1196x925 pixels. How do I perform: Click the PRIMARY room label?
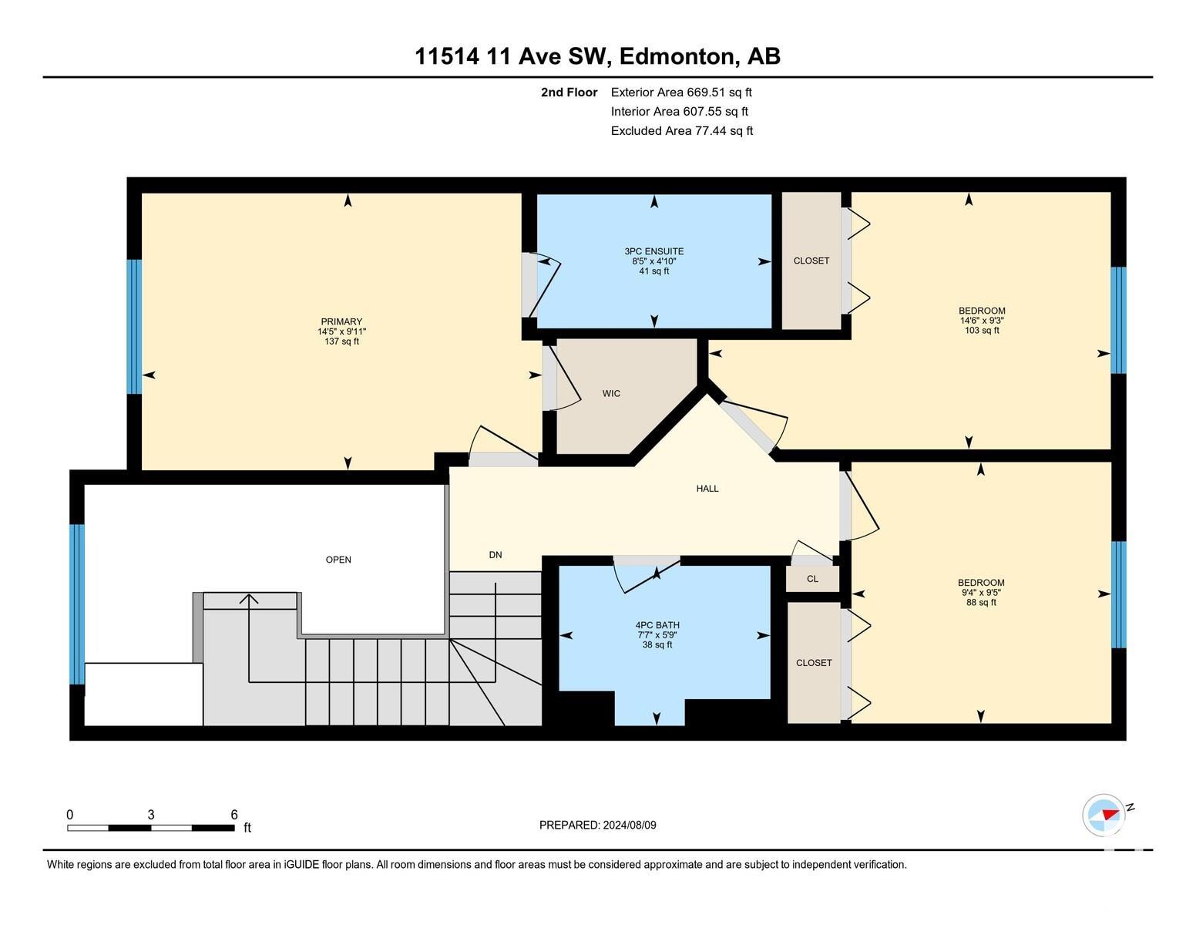pos(342,321)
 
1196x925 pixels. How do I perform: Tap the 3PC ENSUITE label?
pos(653,251)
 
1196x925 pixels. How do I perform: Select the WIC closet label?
pos(611,393)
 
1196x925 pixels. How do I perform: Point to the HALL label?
pos(707,488)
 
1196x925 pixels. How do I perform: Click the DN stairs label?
pos(496,555)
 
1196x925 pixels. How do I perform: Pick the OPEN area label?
pos(338,560)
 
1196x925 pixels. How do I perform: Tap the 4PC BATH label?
pos(657,625)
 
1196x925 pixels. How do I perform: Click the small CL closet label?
pos(812,579)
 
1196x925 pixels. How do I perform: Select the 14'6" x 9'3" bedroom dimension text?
pos(982,320)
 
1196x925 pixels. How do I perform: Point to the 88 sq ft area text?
pos(981,603)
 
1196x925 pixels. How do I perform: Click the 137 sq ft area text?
pos(342,341)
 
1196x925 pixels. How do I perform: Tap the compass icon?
pos(1103,815)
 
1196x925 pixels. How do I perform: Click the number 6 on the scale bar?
pos(234,815)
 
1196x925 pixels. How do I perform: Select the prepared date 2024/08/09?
pos(630,825)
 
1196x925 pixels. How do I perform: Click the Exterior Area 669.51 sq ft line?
pos(681,92)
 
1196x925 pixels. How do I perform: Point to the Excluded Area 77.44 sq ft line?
pos(682,131)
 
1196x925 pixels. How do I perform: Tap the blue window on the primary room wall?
pos(134,327)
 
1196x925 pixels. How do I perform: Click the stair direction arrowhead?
pos(250,600)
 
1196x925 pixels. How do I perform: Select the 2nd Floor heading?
pos(569,92)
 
